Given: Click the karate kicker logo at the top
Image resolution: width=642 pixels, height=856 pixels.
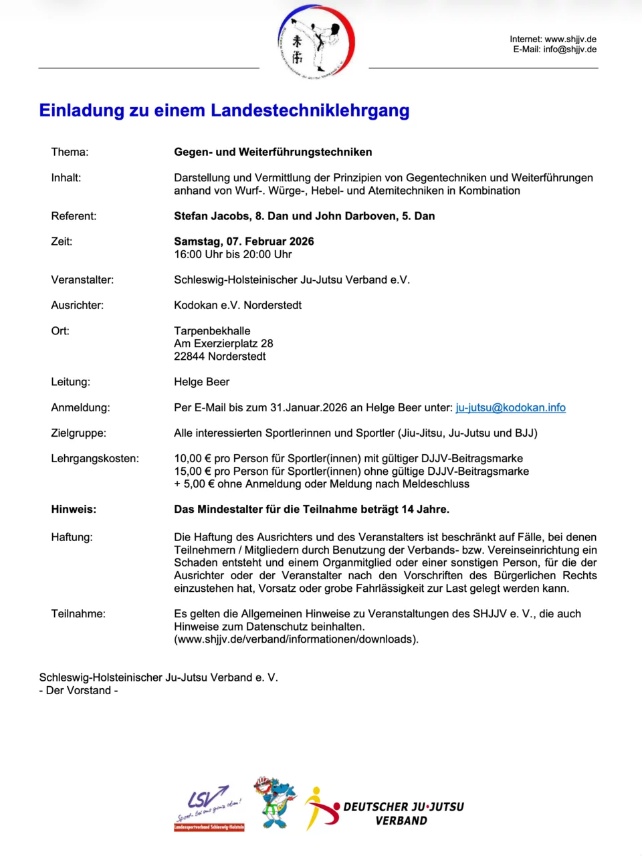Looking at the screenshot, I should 316,41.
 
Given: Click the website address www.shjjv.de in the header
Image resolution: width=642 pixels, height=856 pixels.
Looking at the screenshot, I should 570,39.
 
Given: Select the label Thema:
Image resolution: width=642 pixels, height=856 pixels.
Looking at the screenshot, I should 70,152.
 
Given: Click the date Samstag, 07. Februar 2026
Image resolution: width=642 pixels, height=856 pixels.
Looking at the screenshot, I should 243,241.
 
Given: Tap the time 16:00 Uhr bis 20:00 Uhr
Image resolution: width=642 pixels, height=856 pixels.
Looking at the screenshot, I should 233,254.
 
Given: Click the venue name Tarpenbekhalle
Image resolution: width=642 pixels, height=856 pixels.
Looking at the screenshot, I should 212,331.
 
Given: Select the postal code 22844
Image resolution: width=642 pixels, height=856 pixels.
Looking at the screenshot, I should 189,356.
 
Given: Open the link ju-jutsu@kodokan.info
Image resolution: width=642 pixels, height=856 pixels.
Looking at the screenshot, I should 510,407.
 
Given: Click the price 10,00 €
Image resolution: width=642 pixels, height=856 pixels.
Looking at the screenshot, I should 188,459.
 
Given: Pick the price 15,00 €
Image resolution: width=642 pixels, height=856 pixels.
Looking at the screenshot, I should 188,471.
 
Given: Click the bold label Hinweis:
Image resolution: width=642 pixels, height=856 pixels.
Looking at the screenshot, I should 74,510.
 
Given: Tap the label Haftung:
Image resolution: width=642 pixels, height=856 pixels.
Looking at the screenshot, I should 72,537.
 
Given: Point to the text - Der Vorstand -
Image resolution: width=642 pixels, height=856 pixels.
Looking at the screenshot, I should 78,690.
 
